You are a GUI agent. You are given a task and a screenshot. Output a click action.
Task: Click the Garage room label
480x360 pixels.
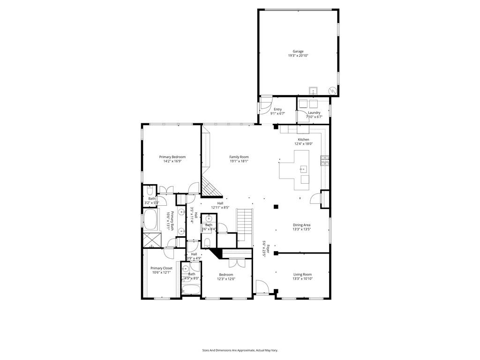(298, 52)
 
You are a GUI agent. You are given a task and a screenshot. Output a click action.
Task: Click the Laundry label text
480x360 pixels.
(314, 113)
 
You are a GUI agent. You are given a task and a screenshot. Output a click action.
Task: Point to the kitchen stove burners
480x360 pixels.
(324, 161)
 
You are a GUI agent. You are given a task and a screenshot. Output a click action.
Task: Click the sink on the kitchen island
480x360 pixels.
(303, 168)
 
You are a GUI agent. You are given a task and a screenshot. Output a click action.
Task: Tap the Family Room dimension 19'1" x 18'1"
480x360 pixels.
(239, 161)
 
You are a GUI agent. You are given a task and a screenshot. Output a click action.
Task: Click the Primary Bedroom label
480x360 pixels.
(172, 157)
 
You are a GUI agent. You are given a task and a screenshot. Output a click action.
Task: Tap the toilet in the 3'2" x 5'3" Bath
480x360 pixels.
(149, 191)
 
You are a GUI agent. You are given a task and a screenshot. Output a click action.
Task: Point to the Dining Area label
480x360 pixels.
(302, 225)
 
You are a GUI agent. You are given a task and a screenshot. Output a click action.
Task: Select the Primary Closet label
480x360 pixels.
(161, 269)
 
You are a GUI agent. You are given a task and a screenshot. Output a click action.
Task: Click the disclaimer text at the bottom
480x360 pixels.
(240, 350)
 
